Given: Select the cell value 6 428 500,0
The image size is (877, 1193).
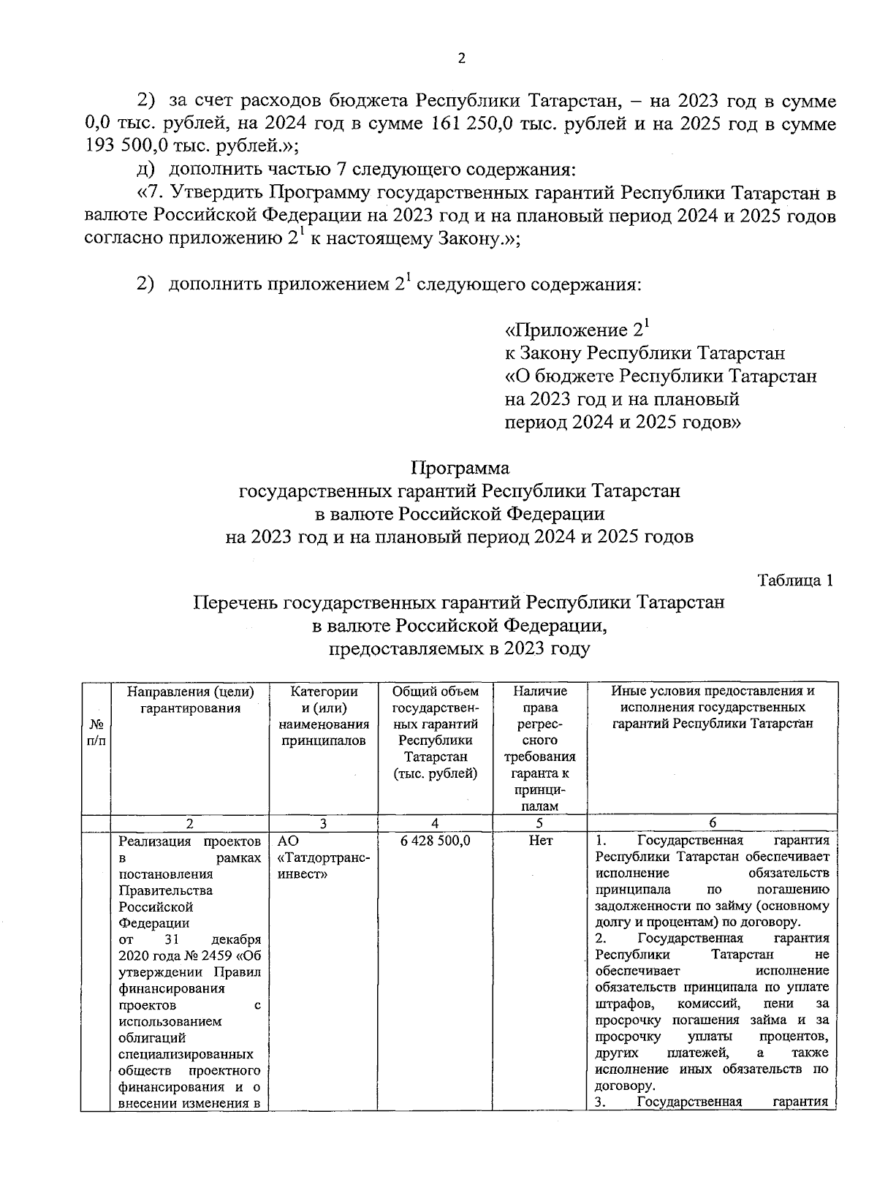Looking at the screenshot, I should pos(436,841).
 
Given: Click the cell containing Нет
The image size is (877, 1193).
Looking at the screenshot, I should pos(540,841).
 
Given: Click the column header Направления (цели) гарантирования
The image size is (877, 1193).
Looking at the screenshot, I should pos(191,700).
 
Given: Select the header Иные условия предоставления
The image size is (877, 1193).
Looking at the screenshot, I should pos(713,692).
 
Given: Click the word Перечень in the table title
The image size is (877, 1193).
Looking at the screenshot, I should pos(235,603).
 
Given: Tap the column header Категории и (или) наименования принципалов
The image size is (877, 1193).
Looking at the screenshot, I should pos(324,716).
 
